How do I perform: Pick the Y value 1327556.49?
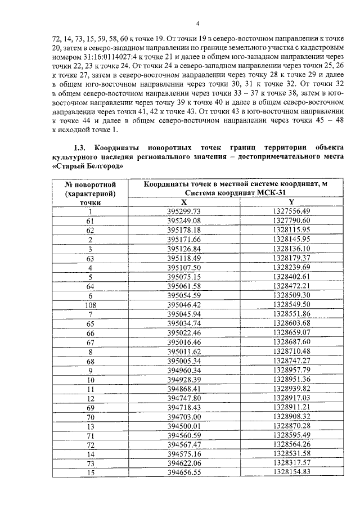[x=291, y=211]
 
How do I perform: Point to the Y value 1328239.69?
[x=291, y=267]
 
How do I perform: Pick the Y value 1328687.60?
[x=291, y=342]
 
